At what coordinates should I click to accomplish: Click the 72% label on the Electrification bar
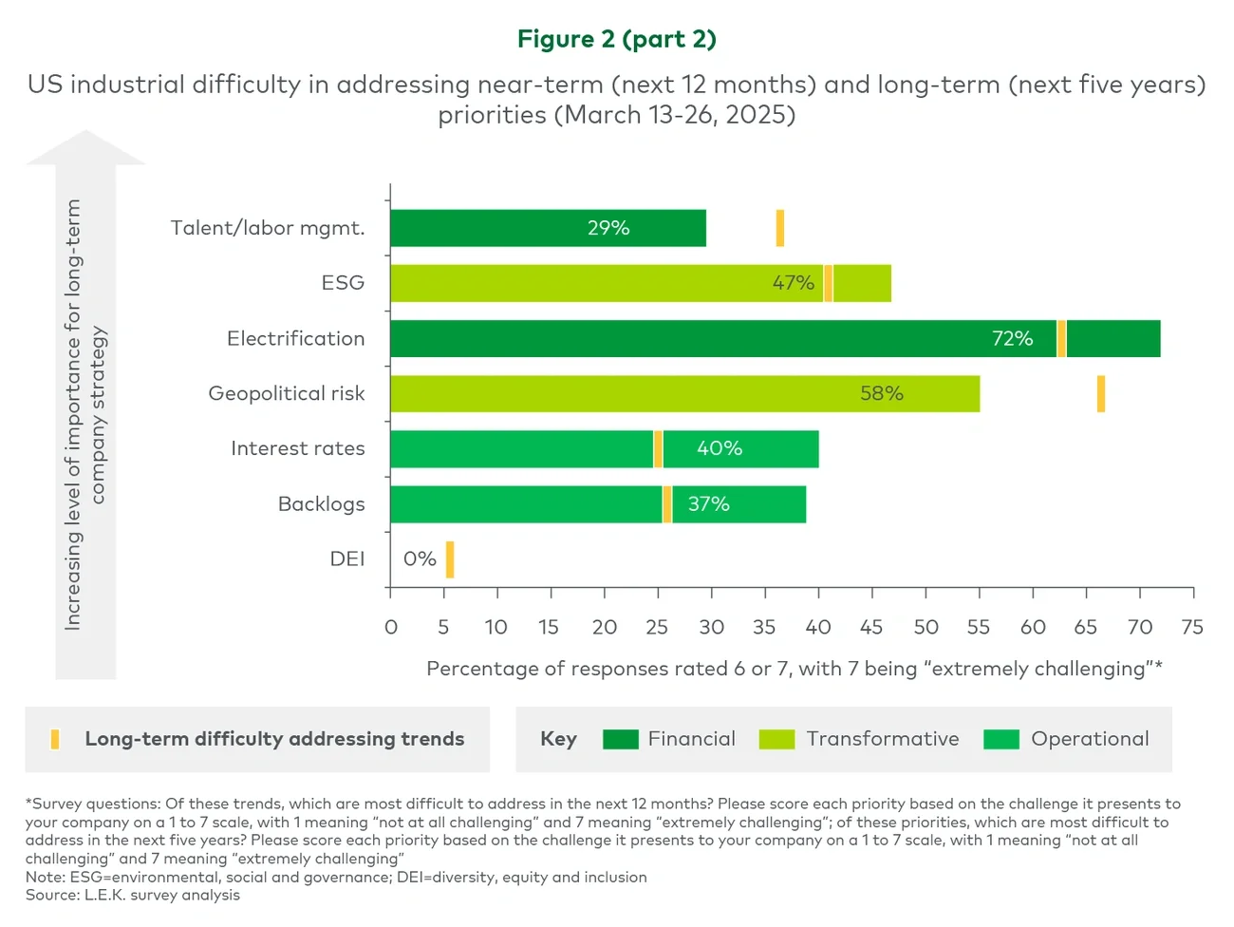[x=1012, y=339]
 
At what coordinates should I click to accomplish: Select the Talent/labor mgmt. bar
[x=548, y=228]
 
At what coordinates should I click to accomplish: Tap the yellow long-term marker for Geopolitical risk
[x=1101, y=394]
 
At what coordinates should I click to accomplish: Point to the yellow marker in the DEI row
[x=450, y=559]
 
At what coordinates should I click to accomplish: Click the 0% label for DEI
[x=420, y=559]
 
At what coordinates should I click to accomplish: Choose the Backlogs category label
[x=321, y=504]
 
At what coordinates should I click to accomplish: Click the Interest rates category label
[x=297, y=448]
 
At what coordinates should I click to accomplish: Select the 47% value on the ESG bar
[x=793, y=283]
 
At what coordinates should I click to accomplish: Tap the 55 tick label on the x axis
[x=978, y=627]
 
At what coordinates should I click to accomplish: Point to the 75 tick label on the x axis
[x=1192, y=627]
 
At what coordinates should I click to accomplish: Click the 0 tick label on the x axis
[x=391, y=627]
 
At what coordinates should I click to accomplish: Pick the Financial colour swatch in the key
[x=621, y=739]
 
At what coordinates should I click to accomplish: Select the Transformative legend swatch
[x=776, y=739]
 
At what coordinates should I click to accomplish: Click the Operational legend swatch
[x=1001, y=739]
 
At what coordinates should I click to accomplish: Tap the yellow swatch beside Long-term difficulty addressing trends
[x=55, y=739]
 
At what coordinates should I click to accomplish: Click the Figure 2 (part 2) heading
[x=617, y=39]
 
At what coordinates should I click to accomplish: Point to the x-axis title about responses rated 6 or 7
[x=795, y=669]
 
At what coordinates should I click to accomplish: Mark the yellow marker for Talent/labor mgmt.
[x=780, y=228]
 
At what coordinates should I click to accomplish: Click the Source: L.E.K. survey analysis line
[x=133, y=896]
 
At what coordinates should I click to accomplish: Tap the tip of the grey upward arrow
[x=85, y=134]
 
